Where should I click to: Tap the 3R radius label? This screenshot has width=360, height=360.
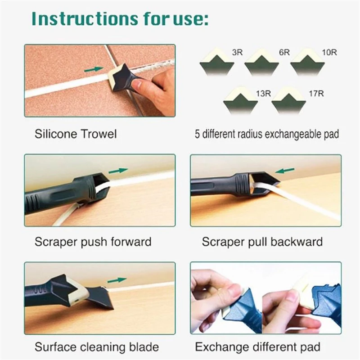click(x=237, y=53)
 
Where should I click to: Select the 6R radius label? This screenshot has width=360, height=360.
click(x=284, y=53)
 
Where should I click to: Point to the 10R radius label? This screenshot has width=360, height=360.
click(x=329, y=53)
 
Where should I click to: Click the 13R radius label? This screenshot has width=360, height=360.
click(x=263, y=94)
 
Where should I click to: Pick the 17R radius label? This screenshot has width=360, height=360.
click(x=310, y=94)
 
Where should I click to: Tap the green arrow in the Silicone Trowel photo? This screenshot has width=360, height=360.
click(x=93, y=70)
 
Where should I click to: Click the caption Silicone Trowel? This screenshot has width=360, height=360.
click(x=75, y=134)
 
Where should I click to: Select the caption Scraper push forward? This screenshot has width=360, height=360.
click(x=93, y=242)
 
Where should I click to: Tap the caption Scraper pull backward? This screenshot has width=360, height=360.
click(x=262, y=242)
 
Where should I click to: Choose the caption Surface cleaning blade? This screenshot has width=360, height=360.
click(x=96, y=347)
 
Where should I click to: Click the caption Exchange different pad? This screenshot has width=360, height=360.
click(x=258, y=347)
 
